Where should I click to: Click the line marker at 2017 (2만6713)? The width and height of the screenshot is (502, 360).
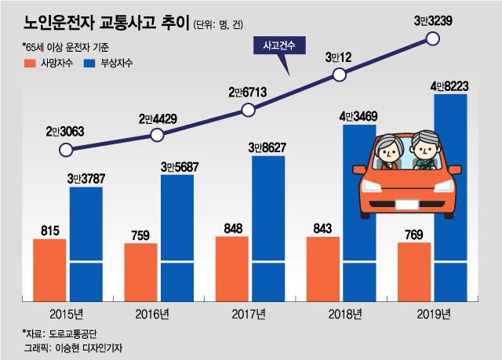[x=249, y=110]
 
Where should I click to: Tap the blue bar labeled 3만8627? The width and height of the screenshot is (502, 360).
[x=267, y=228]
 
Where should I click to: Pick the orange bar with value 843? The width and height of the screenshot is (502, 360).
[x=322, y=267]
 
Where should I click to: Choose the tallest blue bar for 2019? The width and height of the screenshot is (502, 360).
[x=450, y=196]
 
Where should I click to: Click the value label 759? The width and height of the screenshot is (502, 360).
[x=140, y=233]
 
